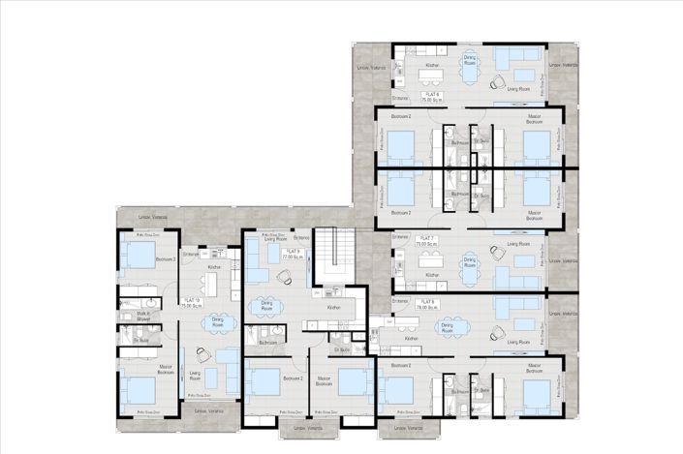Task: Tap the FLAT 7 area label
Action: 427,242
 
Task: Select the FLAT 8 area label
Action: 427,305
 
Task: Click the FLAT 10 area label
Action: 192,303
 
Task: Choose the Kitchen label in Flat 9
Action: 333,307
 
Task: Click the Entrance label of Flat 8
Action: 399,301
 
